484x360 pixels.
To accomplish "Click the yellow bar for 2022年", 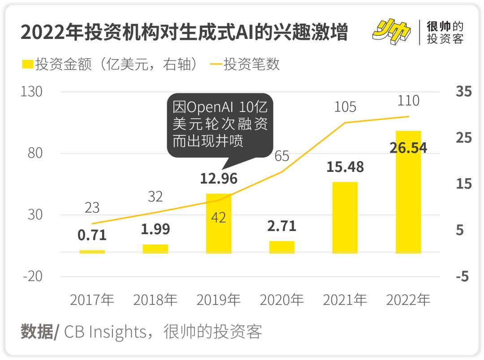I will pos(408,192).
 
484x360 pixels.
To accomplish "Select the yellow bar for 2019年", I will pos(219,223).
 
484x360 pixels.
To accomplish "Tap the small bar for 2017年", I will pos(92,252).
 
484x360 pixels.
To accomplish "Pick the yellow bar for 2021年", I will pos(345,218).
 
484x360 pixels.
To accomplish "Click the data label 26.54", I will pos(408,148).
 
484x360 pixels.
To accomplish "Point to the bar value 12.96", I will pos(219,178).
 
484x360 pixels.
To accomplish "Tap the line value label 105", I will pos(345,107).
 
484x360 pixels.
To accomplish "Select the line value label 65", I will pos(282,156).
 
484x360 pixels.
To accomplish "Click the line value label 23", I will pos(92,208).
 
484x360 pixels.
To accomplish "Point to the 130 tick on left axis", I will pos(32,92).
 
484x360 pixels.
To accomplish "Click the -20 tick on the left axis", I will pos(32,276).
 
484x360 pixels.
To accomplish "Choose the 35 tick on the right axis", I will pos(463,92).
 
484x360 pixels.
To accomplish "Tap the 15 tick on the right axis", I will pos(463,184).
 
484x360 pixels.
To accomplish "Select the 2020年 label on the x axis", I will pos(282,300).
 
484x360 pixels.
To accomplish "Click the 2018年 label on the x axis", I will pos(156,300).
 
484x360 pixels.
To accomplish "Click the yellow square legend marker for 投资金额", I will pos(27,64).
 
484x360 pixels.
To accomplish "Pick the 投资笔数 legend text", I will pos(251,64).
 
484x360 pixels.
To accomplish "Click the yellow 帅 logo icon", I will pos(391,32).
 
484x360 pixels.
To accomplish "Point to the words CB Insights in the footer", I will pos(105,332).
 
